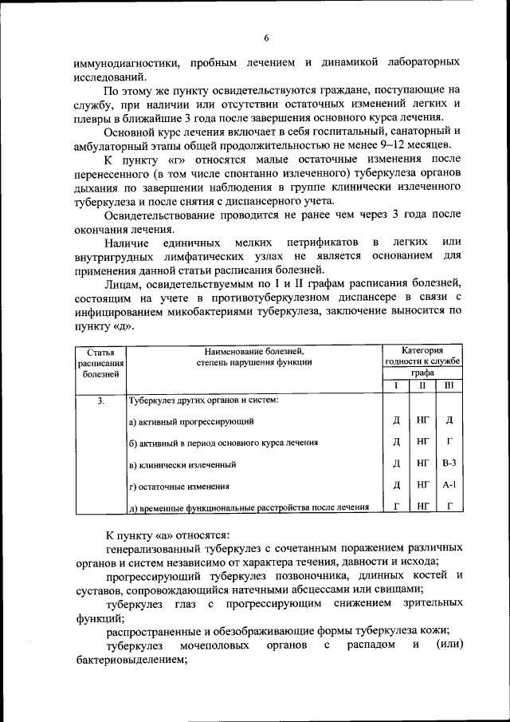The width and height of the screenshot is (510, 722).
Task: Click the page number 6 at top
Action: [x=267, y=37]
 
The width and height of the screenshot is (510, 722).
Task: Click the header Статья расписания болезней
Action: [x=100, y=361]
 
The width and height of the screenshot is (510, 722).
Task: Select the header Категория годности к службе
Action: [x=422, y=356]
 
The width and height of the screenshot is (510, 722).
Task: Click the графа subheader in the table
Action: [x=422, y=373]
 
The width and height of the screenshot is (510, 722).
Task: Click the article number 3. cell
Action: [x=100, y=400]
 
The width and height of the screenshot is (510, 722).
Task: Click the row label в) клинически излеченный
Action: [x=182, y=464]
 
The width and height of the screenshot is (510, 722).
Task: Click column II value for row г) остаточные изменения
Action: [x=422, y=484]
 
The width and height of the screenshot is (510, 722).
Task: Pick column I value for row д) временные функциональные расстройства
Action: [x=396, y=506]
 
